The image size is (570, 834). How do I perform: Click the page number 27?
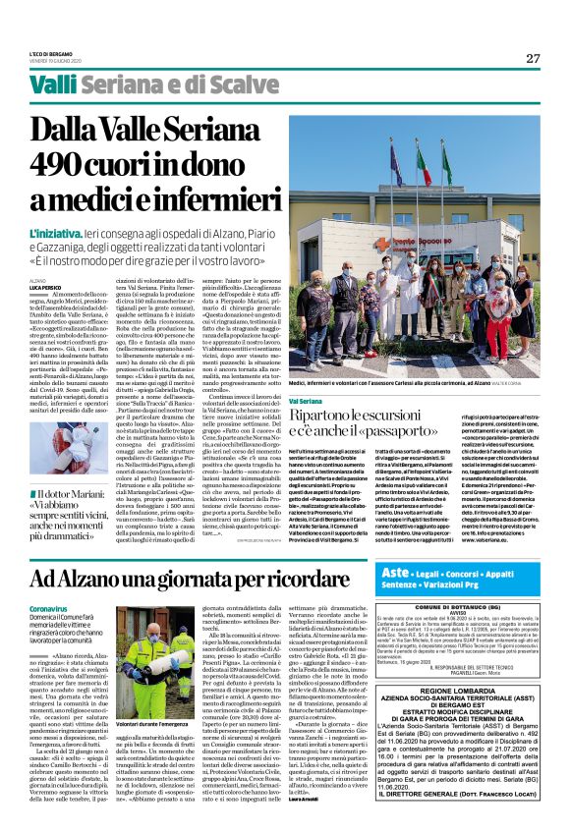[532, 58]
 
